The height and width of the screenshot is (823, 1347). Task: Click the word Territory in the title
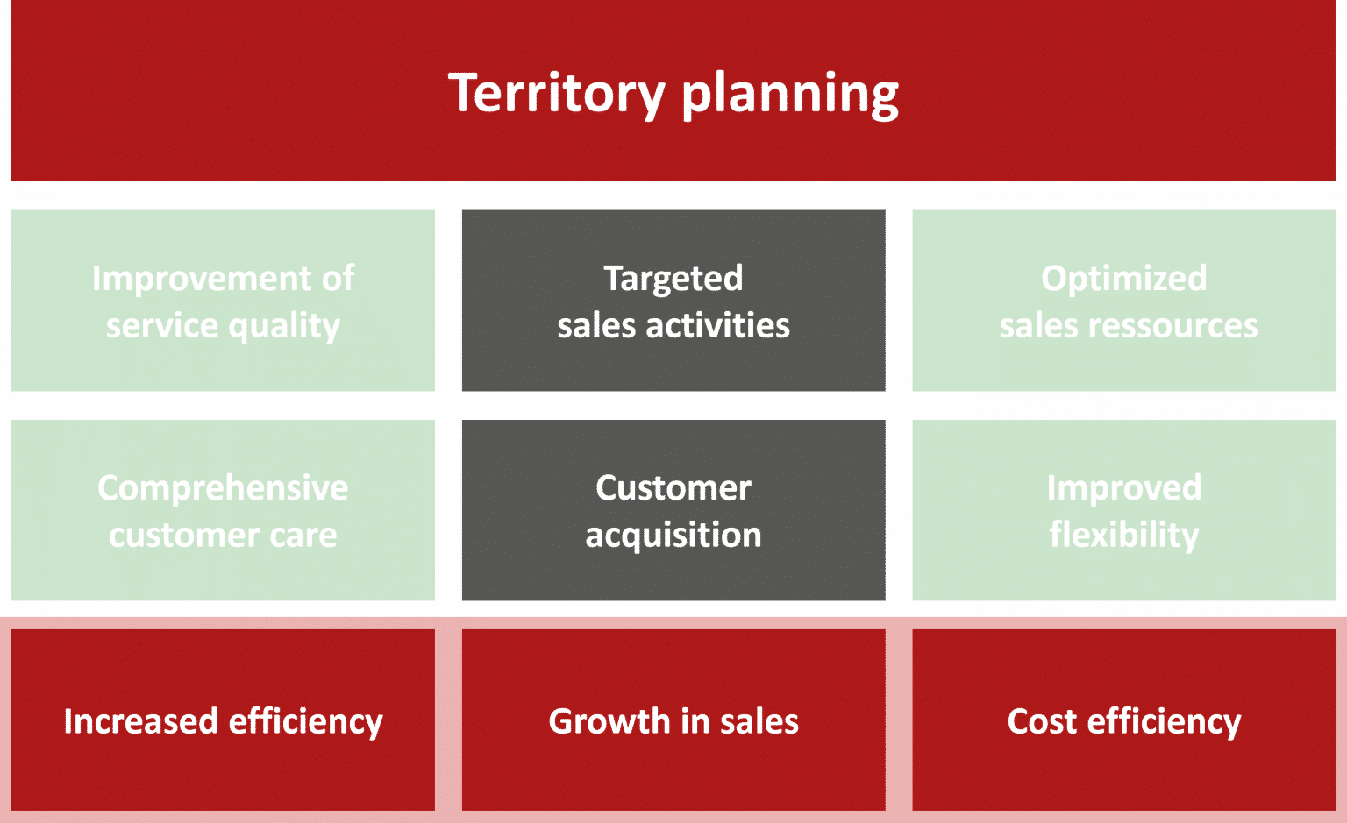click(x=556, y=92)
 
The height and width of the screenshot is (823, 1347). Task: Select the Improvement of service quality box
click(x=223, y=301)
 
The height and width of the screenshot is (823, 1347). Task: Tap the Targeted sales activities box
click(x=673, y=301)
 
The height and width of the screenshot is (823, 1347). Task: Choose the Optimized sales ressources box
click(x=1124, y=301)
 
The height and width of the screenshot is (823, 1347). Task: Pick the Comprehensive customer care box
click(x=223, y=510)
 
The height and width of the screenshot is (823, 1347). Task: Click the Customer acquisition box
click(x=673, y=510)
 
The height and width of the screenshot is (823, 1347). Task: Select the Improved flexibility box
click(x=1124, y=510)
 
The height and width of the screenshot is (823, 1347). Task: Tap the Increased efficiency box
click(x=223, y=720)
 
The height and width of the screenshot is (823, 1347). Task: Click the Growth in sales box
click(x=673, y=720)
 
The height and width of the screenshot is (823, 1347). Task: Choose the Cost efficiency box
click(x=1124, y=720)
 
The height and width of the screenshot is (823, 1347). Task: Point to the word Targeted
click(x=673, y=279)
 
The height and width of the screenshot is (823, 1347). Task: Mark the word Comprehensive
click(x=223, y=488)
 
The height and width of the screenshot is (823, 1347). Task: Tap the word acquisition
click(x=673, y=536)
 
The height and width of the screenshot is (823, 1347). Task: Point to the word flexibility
click(x=1124, y=535)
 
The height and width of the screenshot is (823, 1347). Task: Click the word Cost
click(x=1042, y=721)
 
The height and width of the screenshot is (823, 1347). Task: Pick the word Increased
click(x=140, y=721)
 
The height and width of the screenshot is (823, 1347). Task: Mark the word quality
click(x=283, y=327)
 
